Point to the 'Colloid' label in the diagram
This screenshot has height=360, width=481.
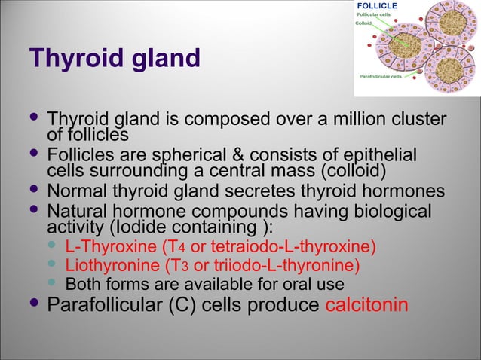[364, 23]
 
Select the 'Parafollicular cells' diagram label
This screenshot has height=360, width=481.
[384, 77]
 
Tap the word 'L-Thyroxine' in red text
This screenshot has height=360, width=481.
[102, 247]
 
